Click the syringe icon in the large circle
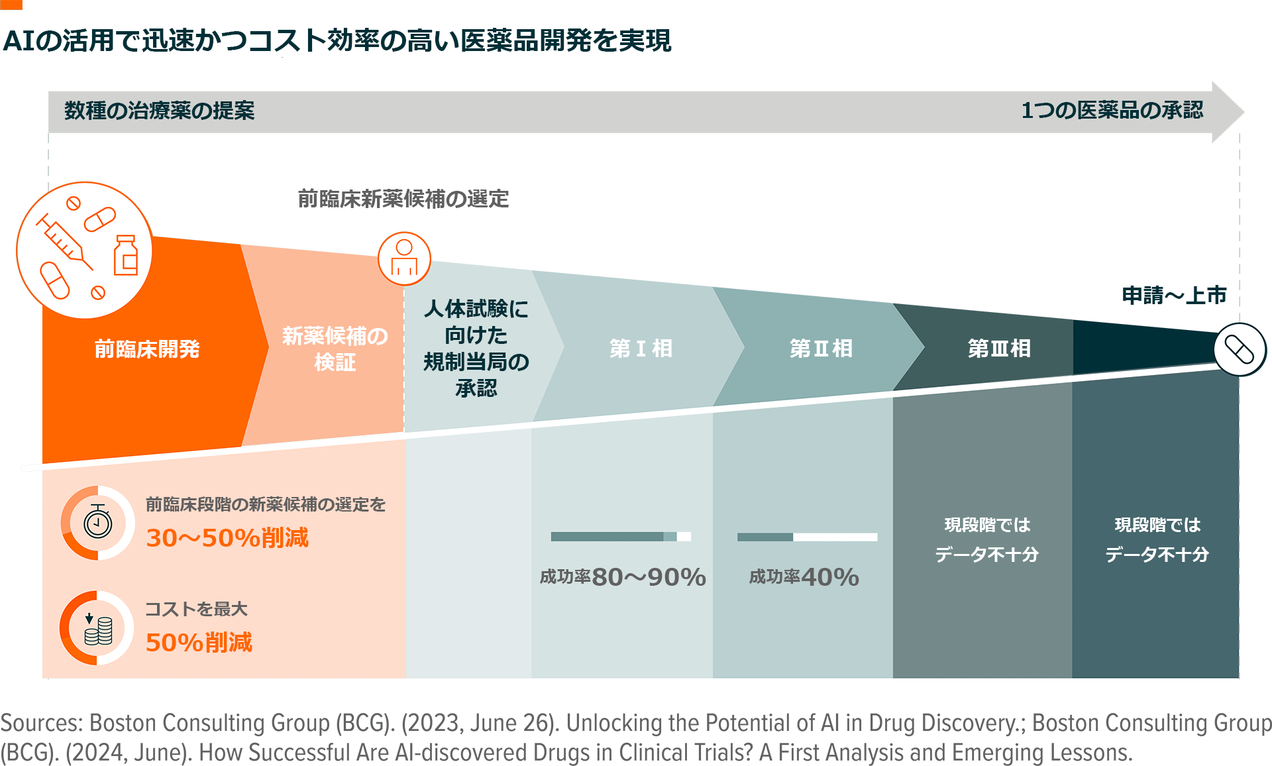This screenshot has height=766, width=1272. pos(63,240)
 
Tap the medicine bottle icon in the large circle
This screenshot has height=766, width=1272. pos(125,255)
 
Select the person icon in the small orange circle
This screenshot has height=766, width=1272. pos(404,258)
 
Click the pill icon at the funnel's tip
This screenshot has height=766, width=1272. pos(1240,349)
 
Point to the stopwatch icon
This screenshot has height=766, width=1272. pos(97,523)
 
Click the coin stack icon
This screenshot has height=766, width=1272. pos(98,628)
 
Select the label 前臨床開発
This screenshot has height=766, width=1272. pos(147,349)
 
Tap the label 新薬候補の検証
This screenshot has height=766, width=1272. pos(335,349)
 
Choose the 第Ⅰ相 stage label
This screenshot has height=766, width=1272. pos(641,348)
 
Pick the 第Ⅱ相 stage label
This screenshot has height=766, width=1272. pos(821,348)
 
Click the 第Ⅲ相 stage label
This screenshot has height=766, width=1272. pos(999,348)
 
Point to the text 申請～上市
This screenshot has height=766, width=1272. pos(1174,295)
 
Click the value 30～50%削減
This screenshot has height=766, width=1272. pos(227,537)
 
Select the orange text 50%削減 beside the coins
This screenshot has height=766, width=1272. pos(199,642)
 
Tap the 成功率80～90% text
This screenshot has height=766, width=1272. pos(623,577)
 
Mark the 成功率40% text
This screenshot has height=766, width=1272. pos(804,577)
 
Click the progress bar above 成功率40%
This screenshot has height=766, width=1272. pos(807,537)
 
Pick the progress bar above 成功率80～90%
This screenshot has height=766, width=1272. pos(621,536)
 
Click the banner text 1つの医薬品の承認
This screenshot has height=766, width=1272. pos(1112,110)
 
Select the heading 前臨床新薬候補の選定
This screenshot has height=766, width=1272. pos(403,198)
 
